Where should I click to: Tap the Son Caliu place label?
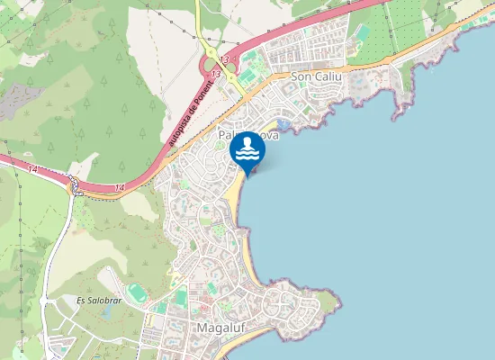(x=311, y=77)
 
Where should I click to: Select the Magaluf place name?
(x=217, y=328)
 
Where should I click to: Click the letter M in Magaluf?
(x=201, y=328)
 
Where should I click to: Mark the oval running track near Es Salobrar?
(x=136, y=294)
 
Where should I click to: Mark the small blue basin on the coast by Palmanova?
(x=284, y=123)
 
